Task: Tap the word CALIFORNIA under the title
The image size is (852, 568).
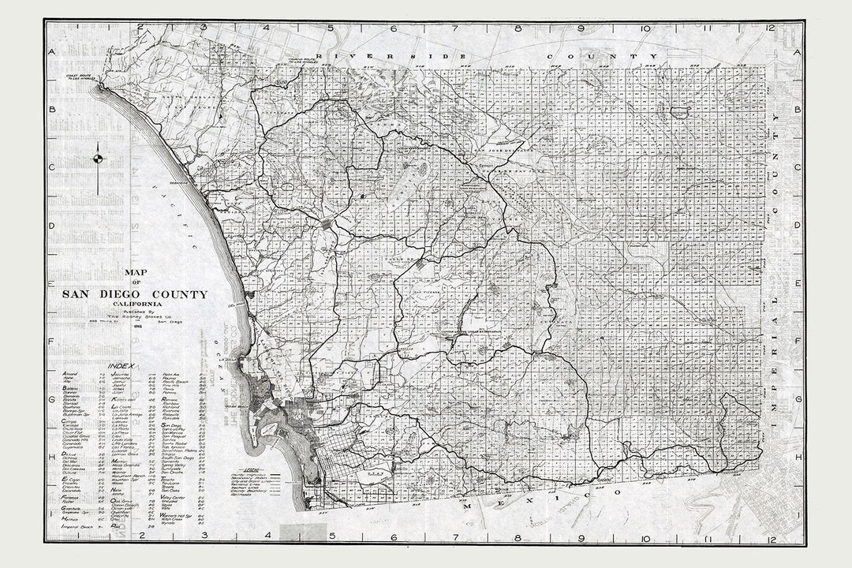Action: point(136,304)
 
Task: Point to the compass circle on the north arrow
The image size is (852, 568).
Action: point(98,157)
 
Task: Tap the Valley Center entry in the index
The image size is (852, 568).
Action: point(175,498)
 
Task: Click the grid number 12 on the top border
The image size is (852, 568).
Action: point(769,28)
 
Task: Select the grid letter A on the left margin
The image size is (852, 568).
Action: point(52,52)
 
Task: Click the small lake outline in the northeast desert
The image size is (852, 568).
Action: point(678,112)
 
